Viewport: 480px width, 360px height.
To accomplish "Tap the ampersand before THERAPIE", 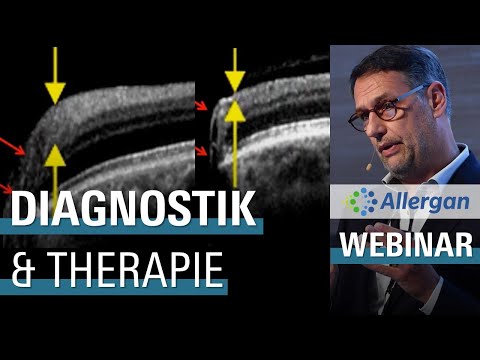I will [21, 271].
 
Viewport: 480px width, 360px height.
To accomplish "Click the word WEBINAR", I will [405, 245].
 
